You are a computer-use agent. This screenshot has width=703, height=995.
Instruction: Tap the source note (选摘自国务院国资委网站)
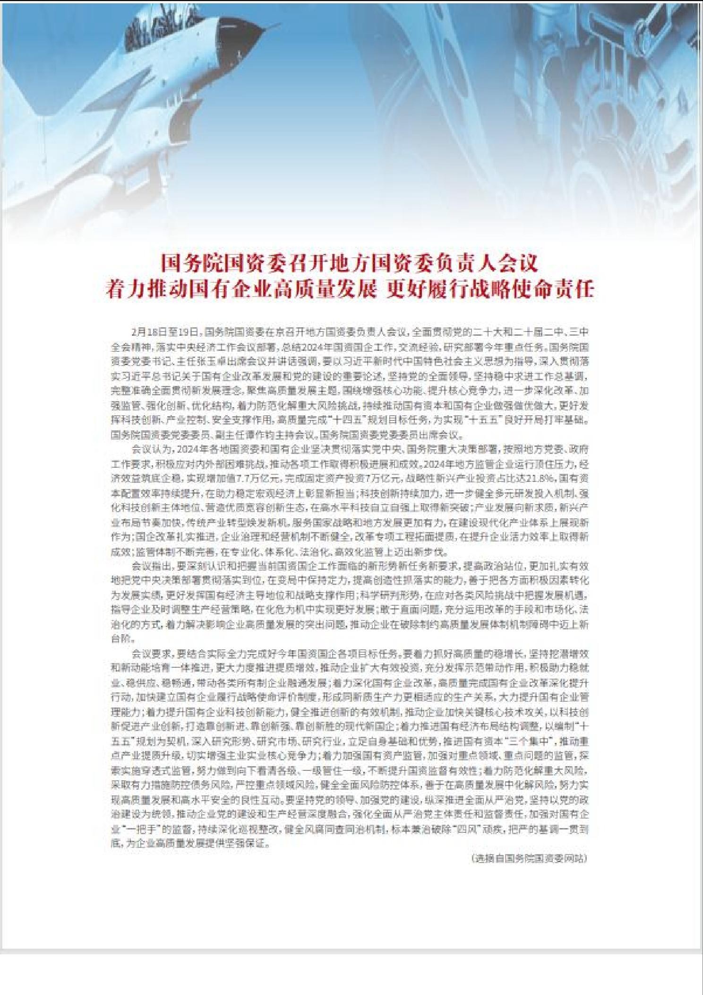(529, 859)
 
